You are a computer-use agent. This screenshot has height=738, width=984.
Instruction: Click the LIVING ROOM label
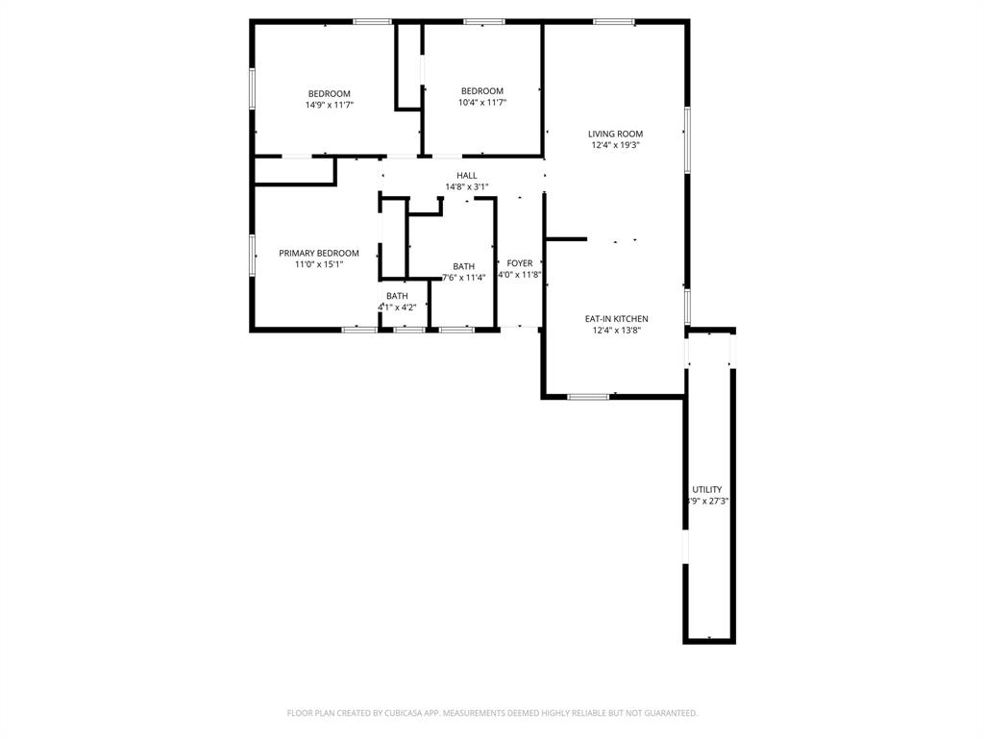click(x=616, y=134)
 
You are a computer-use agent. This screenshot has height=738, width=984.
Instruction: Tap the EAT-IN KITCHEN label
click(x=616, y=318)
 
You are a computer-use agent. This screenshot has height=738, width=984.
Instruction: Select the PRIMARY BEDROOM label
click(x=319, y=253)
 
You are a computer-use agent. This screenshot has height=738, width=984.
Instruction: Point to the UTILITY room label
click(x=707, y=489)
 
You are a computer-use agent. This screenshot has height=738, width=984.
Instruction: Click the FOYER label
click(x=520, y=262)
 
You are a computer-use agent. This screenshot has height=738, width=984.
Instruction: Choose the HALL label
click(x=467, y=175)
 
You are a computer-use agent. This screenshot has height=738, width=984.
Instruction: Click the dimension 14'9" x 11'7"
click(x=330, y=105)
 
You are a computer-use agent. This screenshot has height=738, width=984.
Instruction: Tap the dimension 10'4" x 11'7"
click(x=482, y=102)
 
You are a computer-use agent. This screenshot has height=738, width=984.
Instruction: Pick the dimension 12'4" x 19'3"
click(x=616, y=145)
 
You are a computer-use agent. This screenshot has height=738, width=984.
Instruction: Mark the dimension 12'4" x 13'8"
click(x=616, y=330)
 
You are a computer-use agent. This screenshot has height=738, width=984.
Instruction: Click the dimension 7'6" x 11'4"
click(x=463, y=277)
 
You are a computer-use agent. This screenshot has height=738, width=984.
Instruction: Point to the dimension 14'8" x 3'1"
click(x=467, y=186)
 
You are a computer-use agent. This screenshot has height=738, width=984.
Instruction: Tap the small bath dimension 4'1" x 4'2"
click(x=397, y=307)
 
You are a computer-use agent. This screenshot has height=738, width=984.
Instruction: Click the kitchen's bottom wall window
click(x=588, y=396)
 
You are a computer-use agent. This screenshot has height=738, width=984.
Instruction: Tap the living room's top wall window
click(x=613, y=21)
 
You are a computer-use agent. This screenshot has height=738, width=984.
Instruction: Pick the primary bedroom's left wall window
click(x=253, y=256)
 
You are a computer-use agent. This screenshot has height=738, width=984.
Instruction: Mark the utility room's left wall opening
click(x=685, y=546)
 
